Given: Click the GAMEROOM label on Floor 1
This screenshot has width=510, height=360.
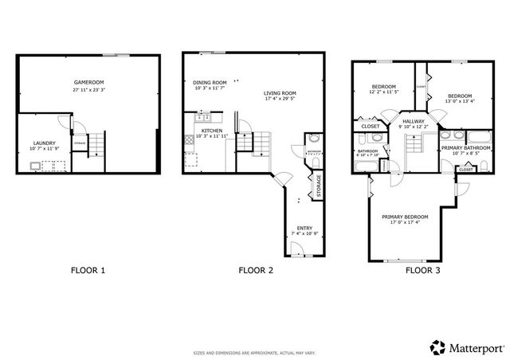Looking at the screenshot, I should (88, 82).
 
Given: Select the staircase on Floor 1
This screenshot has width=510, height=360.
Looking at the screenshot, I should (96, 145).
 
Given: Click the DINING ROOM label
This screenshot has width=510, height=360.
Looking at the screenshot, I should (210, 82).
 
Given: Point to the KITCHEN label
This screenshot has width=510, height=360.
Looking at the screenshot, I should (211, 130).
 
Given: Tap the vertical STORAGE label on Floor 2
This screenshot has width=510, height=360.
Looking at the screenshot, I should (319, 185).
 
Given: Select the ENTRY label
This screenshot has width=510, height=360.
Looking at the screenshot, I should (304, 229).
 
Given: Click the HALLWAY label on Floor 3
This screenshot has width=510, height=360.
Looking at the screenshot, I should (414, 120).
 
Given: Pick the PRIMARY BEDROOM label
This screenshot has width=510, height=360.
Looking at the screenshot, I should (405, 217).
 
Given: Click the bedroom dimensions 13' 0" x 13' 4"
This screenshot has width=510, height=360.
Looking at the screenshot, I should (459, 101).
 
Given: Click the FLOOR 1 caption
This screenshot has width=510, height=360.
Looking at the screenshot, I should (88, 271).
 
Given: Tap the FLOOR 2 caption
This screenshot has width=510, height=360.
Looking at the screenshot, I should (256, 271).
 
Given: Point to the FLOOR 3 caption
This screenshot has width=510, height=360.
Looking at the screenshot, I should (422, 271).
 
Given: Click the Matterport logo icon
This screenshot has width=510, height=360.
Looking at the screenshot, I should (437, 346).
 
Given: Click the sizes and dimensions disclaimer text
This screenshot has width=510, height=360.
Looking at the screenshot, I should (254, 353).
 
